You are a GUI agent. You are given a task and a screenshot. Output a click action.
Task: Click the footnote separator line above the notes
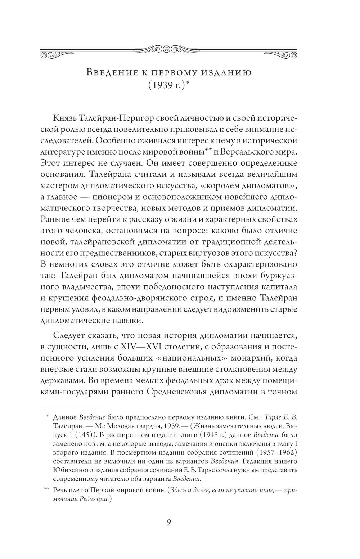click(72, 407)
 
